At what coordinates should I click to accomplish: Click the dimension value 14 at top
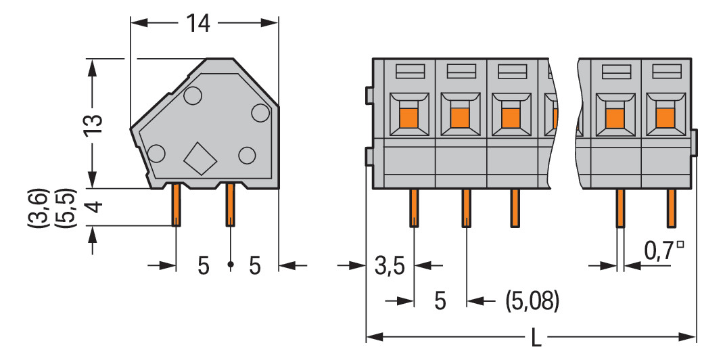pos(198,24)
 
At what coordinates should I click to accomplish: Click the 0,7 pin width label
pos(658,251)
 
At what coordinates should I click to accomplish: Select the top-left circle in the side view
pos(191,97)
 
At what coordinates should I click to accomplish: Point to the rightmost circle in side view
pos(260,112)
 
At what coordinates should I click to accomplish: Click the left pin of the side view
pos(176,205)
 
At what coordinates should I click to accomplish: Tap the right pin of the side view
pos(230,205)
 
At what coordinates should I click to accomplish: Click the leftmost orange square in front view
pos(408,118)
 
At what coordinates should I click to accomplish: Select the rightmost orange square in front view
pos(666,118)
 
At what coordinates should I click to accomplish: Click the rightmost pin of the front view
pos(672,208)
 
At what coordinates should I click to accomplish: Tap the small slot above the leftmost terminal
pos(409,70)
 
